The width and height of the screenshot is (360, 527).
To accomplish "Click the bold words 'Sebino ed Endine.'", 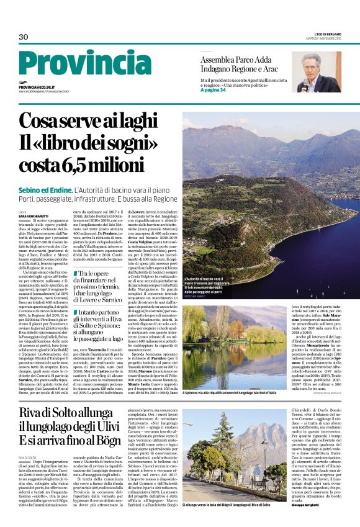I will [x=45, y=190].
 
